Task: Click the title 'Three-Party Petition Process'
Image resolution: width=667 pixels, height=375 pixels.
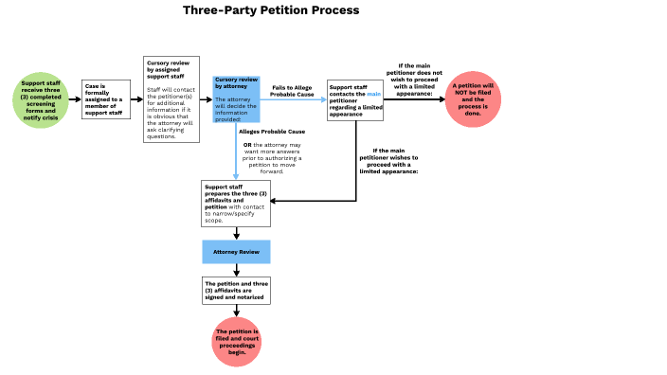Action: (x=271, y=10)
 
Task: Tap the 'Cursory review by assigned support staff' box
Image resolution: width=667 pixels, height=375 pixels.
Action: (x=171, y=98)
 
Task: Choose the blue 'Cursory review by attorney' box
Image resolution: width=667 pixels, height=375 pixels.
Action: (x=236, y=98)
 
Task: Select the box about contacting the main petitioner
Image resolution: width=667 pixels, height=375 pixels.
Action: (x=355, y=98)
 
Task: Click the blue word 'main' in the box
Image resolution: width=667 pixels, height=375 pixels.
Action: (x=373, y=93)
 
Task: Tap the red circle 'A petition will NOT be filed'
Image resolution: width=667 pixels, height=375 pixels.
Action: (x=474, y=98)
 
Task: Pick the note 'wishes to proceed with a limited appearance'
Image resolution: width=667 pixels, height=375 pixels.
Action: (x=389, y=160)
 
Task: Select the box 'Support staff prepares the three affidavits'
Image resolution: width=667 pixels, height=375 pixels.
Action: (x=236, y=204)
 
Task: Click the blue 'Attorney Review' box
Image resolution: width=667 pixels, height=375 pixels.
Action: (x=236, y=251)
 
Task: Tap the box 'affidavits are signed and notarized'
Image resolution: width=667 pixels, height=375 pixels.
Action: (x=236, y=291)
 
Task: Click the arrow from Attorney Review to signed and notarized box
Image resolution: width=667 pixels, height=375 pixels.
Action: (x=236, y=270)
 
